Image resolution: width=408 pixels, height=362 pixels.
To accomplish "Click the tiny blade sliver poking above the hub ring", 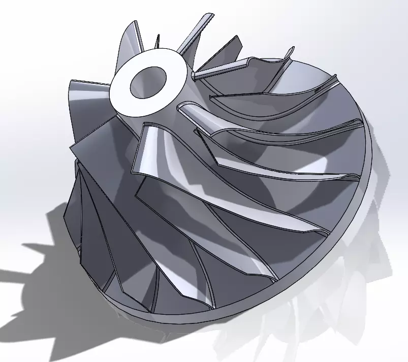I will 158,41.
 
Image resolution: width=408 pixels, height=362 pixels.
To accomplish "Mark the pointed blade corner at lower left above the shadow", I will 65,213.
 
